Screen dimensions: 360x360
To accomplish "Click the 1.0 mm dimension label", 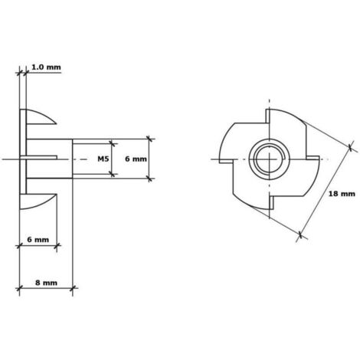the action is [46, 67].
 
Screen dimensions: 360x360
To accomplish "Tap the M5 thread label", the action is [103, 159].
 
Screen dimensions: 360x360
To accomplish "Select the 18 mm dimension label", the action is [342, 194].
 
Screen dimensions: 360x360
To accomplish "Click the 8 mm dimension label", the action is [46, 283].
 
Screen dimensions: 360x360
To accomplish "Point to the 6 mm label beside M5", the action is [136, 159].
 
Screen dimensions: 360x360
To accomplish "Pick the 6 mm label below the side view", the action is [38, 240].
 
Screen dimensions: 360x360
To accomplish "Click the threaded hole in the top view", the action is [270, 159].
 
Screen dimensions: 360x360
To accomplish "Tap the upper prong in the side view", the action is [41, 117].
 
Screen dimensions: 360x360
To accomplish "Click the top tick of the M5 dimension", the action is [111, 143].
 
